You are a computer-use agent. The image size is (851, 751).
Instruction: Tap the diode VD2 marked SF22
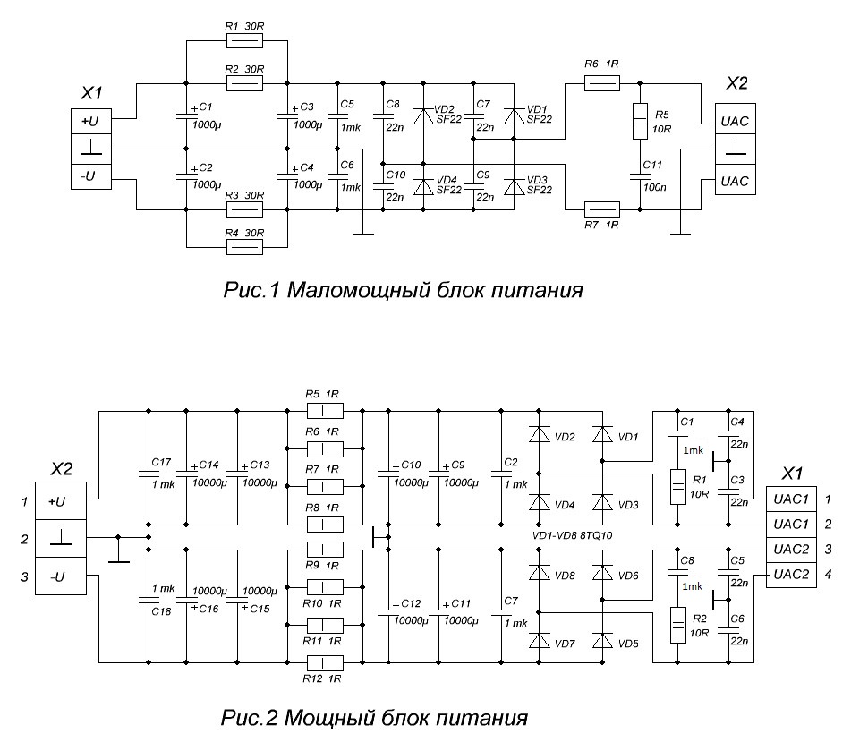pos(425,116)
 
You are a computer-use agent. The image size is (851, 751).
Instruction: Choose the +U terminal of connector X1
pos(89,118)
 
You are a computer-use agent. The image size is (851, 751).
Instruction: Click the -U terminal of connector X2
pos(59,577)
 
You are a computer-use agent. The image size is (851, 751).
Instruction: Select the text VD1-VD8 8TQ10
pos(575,535)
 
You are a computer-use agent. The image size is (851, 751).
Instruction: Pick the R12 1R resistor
pos(325,663)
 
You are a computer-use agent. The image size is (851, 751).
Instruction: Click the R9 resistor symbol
pos(325,549)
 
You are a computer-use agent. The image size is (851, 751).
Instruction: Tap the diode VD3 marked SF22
pos(513,187)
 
